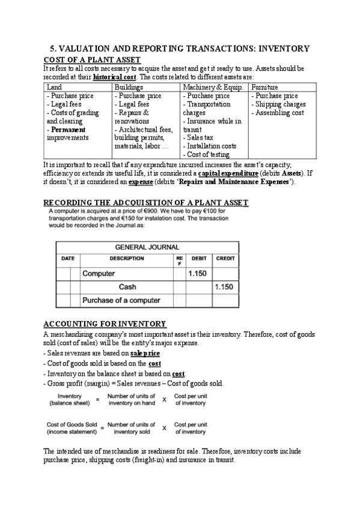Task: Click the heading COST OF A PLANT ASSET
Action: pyautogui.click(x=93, y=60)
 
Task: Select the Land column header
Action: pyautogui.click(x=53, y=87)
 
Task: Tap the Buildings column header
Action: pyautogui.click(x=129, y=87)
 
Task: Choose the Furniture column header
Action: pyautogui.click(x=264, y=87)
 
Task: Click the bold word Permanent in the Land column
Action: pyautogui.click(x=69, y=129)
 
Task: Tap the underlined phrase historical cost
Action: pyautogui.click(x=115, y=77)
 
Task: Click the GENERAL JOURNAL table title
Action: pyautogui.click(x=147, y=247)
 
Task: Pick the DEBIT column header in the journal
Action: pyautogui.click(x=198, y=259)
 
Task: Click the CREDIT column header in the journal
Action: pyautogui.click(x=224, y=259)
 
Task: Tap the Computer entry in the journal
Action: pyautogui.click(x=99, y=274)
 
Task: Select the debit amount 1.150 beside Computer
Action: pyautogui.click(x=198, y=274)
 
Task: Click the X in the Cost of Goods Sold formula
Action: pyautogui.click(x=163, y=428)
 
